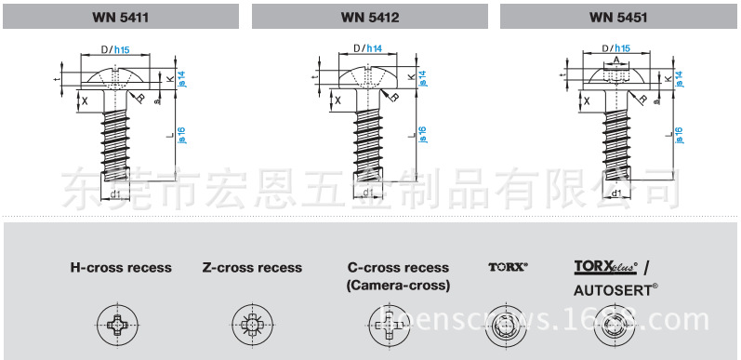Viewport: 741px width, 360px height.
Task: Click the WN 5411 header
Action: pos(123,16)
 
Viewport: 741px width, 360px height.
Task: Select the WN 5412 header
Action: pos(371,16)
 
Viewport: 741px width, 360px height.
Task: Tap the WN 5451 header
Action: pos(618,16)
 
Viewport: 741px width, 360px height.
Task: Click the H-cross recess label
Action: pos(121,268)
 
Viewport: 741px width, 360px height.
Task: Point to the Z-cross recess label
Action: pos(252,268)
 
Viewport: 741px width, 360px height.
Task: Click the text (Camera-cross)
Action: pos(397,286)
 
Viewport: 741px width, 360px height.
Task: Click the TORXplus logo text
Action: pos(604,267)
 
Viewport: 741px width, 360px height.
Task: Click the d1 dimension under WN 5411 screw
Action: pos(115,193)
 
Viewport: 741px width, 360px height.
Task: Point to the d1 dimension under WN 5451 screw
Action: pos(615,193)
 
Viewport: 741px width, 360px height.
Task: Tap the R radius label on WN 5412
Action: pos(394,97)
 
